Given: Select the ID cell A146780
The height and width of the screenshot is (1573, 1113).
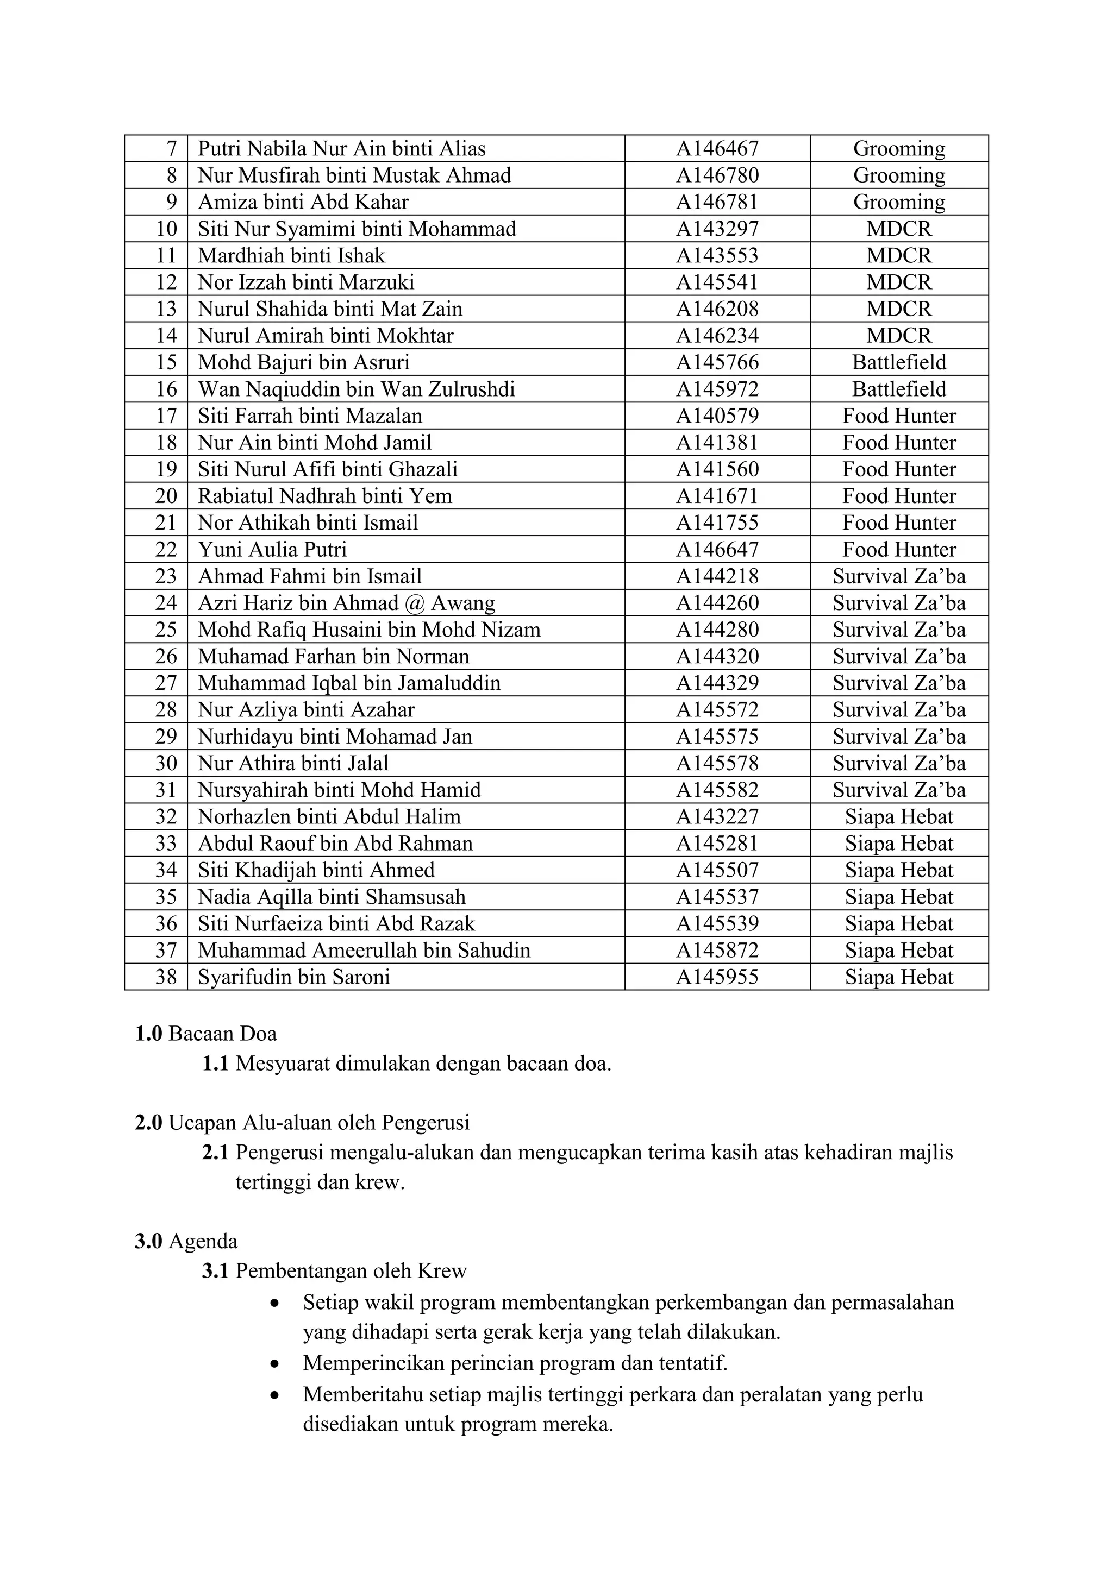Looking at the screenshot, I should pos(717,175).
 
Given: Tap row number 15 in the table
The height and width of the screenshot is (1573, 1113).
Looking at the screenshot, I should pos(166,362).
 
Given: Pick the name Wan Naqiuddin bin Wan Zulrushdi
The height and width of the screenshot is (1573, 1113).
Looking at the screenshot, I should pos(356,389).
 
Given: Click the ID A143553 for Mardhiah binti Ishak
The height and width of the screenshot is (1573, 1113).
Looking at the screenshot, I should pos(717,255).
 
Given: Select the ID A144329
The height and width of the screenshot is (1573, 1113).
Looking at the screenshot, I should pos(717,683).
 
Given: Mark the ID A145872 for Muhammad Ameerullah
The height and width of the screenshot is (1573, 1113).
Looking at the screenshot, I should pos(717,950).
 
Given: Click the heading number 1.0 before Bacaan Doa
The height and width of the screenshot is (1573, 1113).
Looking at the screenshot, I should pos(148,1034).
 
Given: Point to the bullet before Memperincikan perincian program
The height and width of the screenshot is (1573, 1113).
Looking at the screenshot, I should pos(275,1364).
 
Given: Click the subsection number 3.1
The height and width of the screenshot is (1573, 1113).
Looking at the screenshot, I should pos(215,1272).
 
